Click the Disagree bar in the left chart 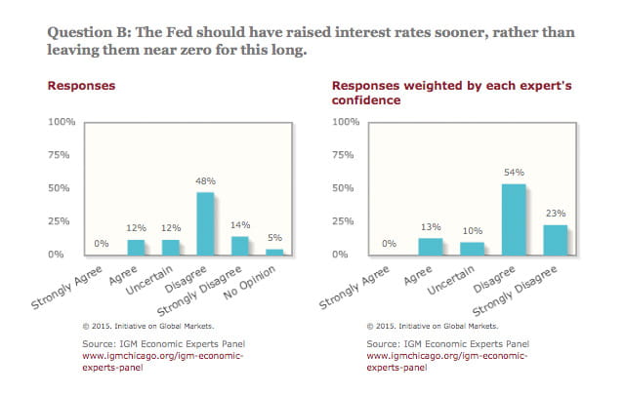coord(205,223)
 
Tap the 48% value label coord(205,181)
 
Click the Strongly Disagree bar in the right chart coord(556,240)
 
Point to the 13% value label coord(430,227)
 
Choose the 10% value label coord(472,231)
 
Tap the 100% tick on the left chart coord(62,122)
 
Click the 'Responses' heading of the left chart coord(81,85)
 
